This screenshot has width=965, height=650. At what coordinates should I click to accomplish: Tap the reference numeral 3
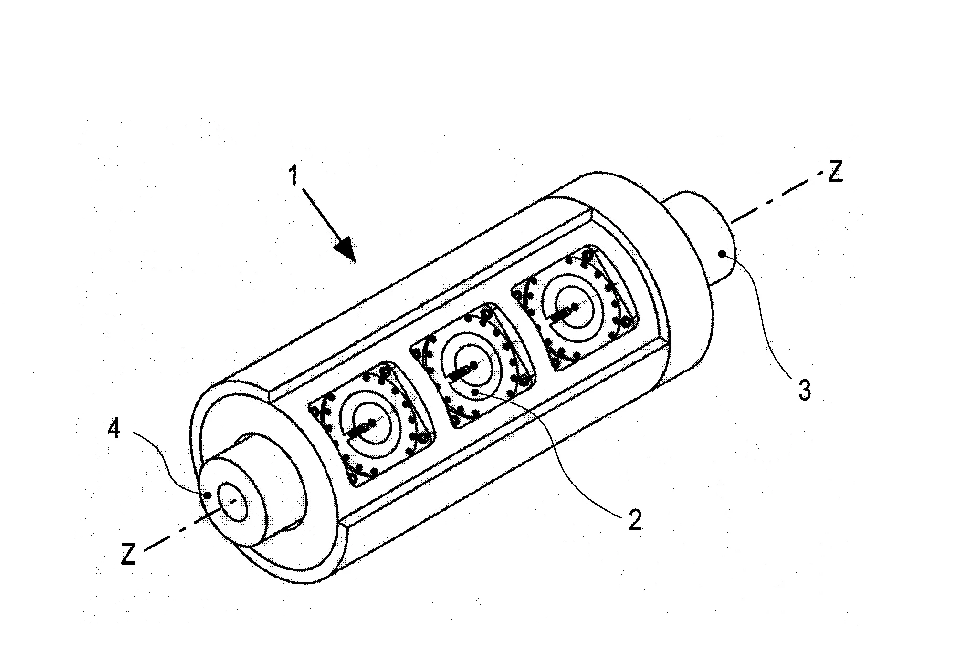click(x=805, y=390)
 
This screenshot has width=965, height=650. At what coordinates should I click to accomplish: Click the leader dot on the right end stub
click(x=724, y=254)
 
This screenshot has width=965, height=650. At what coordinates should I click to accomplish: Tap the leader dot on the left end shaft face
click(x=207, y=495)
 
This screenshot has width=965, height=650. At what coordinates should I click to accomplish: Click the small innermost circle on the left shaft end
click(x=233, y=501)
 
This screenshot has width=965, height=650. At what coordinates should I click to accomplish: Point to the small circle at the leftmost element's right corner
click(x=423, y=438)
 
